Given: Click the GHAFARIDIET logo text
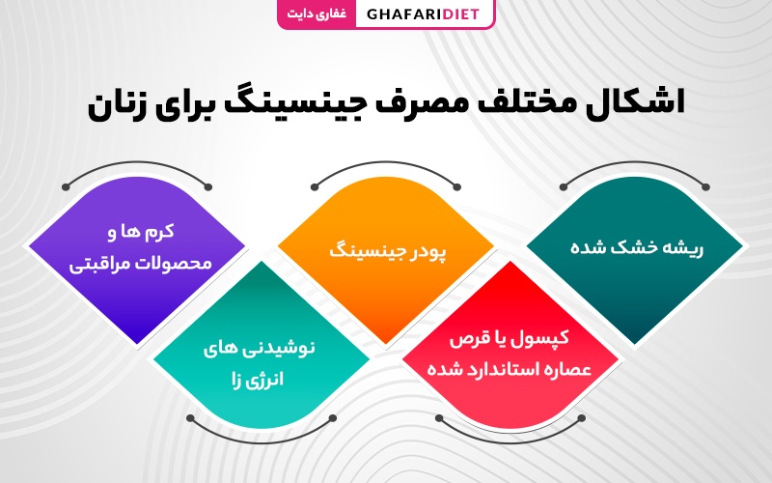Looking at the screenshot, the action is pos(423,14).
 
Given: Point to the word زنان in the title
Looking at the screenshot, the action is pos(119,107).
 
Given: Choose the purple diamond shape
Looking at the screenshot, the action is pos(137,259).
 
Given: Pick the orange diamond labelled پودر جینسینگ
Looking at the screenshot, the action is pos(386,259).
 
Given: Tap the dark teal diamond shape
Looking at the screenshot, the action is pos(635,259).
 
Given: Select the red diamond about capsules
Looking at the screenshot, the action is pos(510,345).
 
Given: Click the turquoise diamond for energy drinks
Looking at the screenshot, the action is pos(262,345).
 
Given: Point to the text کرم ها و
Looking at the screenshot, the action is pos(141,232).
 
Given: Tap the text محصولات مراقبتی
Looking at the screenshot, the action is pos(140,263).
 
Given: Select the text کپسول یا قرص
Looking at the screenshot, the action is pos(510,339).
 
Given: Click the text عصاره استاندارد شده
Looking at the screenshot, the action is pos(510,369).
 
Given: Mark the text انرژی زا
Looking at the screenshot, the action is pos(258,380).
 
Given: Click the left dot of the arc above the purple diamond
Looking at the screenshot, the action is pos(66,187).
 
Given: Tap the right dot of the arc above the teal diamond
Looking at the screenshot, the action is pos(705,187).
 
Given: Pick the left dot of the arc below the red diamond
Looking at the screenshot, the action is pos(439,418).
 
